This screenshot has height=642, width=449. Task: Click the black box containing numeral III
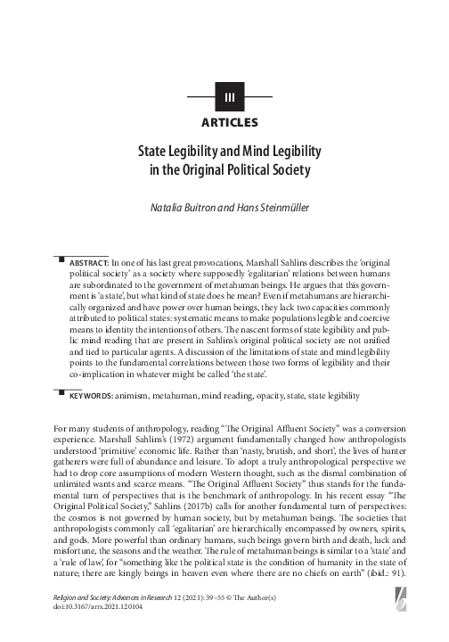[x=229, y=96]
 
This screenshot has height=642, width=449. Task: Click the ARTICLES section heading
[x=229, y=121]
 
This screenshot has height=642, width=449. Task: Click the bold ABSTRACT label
[x=88, y=265]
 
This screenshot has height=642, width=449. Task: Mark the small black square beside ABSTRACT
[x=61, y=261]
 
